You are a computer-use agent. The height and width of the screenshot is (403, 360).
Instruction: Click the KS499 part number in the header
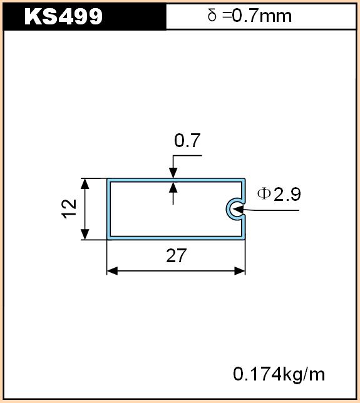click(x=63, y=16)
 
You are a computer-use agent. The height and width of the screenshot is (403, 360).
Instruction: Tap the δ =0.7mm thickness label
click(x=249, y=16)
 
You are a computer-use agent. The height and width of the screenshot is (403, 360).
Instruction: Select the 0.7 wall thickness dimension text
click(x=187, y=140)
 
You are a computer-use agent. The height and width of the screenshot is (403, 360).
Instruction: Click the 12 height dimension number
click(x=69, y=209)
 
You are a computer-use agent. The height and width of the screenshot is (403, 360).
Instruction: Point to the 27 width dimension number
click(x=176, y=255)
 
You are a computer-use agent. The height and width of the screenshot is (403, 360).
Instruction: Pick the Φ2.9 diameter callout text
click(x=279, y=194)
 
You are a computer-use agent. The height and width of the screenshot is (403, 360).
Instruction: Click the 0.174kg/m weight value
click(x=279, y=374)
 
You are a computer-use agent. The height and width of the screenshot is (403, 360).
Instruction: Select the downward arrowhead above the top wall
click(x=173, y=173)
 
